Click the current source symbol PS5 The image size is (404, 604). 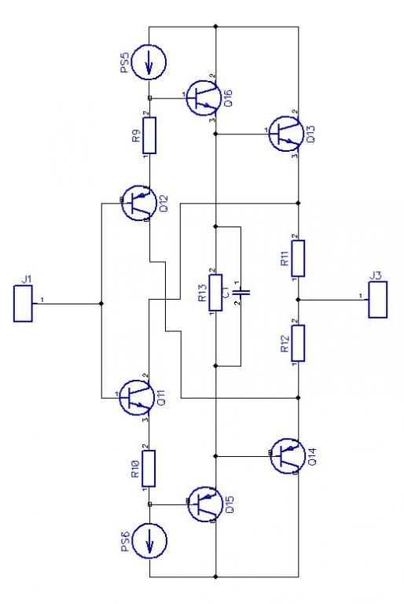(x=149, y=62)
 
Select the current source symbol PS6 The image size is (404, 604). (x=149, y=540)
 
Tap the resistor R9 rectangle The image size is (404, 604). (x=149, y=135)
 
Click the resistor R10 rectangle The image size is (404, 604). (x=149, y=469)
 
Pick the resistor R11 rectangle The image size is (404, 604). (x=298, y=259)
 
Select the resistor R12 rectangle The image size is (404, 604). (x=298, y=343)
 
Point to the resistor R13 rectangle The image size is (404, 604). (x=215, y=293)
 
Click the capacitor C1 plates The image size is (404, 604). (x=241, y=293)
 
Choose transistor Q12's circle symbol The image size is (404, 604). (x=139, y=203)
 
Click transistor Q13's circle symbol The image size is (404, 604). (x=286, y=134)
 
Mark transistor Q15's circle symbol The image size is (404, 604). (x=205, y=504)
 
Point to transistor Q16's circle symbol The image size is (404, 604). (x=204, y=98)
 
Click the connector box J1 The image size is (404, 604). (x=23, y=304)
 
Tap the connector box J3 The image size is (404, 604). (x=378, y=300)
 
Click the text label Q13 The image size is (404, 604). (x=310, y=134)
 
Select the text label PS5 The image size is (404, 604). (x=124, y=62)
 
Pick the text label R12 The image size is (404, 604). (x=285, y=344)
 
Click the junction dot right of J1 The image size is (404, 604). (x=101, y=304)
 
